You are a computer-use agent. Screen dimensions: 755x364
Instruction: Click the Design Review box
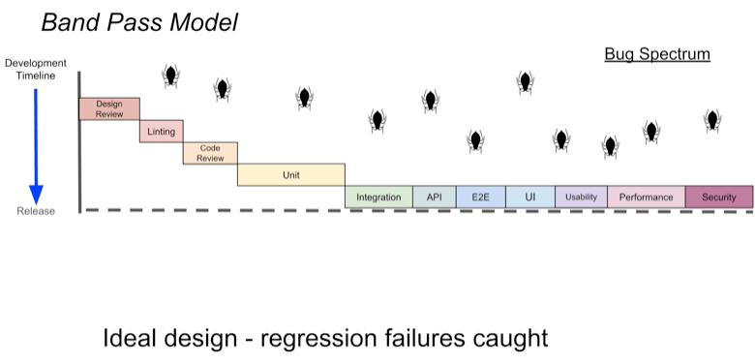109,108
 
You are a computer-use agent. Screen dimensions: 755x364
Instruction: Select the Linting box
162,132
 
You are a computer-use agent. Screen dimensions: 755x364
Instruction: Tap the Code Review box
210,153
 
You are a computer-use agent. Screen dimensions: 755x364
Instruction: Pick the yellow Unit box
290,175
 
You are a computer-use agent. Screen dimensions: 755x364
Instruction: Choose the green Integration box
378,197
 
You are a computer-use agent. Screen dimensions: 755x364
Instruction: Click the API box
435,197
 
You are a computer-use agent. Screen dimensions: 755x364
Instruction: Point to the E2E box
480,197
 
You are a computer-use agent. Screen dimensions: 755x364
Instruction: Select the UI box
530,197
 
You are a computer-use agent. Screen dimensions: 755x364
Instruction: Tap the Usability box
581,197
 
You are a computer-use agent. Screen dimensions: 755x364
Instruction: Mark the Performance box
647,197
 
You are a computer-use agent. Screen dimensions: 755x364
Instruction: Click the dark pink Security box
719,197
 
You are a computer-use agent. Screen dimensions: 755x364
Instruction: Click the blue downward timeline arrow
36,147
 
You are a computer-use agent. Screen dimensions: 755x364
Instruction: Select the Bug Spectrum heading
657,54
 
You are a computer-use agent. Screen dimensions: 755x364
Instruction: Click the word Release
36,211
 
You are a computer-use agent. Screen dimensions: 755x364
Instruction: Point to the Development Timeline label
36,70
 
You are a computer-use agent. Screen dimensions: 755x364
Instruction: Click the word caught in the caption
510,339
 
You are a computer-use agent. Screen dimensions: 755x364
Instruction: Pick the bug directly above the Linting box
170,76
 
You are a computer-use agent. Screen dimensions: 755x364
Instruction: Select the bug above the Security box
712,120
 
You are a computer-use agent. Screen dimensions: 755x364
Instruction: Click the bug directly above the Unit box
304,98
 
